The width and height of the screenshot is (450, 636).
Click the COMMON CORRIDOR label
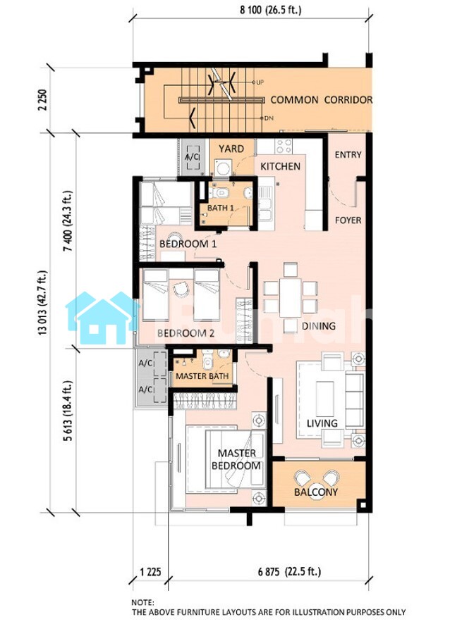[x=321, y=100]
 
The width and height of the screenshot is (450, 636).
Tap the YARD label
[x=231, y=149]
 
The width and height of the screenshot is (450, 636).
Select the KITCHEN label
[x=280, y=166]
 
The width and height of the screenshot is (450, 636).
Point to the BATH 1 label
[x=221, y=208]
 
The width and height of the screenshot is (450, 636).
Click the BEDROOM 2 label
[x=186, y=333]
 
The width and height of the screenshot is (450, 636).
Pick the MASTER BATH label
[x=202, y=376]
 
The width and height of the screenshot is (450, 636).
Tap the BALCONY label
[x=316, y=492]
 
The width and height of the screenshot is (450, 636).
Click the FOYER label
[x=348, y=220]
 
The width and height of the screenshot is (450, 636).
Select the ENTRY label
[x=348, y=154]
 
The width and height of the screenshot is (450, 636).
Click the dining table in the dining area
[x=290, y=297]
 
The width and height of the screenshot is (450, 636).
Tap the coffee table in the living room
[x=324, y=399]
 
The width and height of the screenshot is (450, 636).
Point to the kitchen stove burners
[x=283, y=146]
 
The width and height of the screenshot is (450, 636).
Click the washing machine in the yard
[x=222, y=167]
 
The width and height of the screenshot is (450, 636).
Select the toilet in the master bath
[x=208, y=361]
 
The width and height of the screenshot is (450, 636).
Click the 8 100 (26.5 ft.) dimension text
[x=270, y=10]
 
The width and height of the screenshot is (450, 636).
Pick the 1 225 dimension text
[x=150, y=573]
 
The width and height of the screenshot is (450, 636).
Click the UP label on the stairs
[x=260, y=82]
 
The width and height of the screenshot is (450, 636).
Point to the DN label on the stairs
[x=269, y=118]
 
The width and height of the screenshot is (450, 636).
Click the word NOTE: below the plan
[x=142, y=603]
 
